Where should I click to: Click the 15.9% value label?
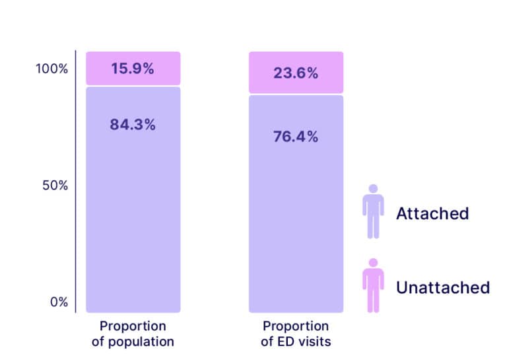pos(133,68)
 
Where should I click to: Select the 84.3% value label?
pos(133,124)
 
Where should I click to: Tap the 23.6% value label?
pos(296,73)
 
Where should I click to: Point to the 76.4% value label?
pos(296,137)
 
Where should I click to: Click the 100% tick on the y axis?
pos(51,69)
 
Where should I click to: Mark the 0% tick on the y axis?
pos(59,302)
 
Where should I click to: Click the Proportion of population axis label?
pos(133,334)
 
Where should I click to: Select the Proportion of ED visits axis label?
pos(296,334)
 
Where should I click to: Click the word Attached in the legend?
pos(432,213)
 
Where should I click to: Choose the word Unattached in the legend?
pos(442,287)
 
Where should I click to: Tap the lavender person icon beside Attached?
pos(373,213)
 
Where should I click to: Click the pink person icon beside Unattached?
pos(373,287)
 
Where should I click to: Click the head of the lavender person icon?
pos(373,189)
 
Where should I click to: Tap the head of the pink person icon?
pos(373,262)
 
